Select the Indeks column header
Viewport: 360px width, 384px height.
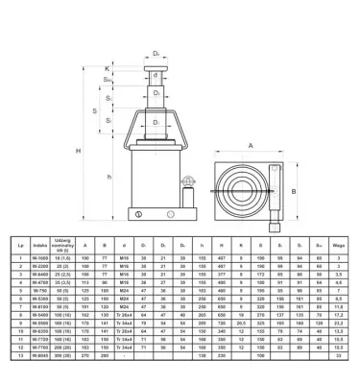(x=39, y=246)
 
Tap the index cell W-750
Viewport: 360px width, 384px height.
(x=39, y=291)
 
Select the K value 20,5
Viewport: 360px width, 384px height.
(x=239, y=323)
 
